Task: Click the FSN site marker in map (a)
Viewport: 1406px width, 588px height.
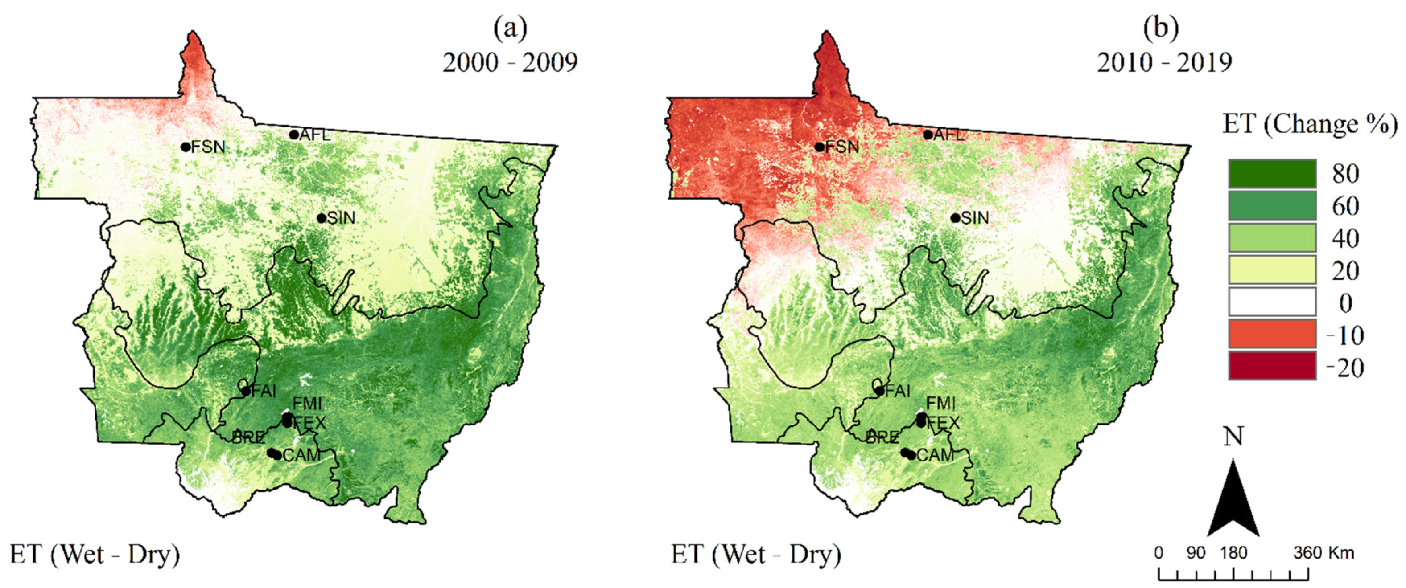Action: point(186,147)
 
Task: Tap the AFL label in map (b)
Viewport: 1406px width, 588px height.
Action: point(948,135)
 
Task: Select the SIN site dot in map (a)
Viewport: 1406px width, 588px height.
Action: point(322,218)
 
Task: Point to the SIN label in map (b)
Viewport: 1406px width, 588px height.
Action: point(975,218)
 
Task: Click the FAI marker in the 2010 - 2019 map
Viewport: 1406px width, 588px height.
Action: point(879,391)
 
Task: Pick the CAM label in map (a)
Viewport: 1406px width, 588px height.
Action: point(301,455)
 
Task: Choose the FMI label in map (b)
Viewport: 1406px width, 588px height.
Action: point(941,404)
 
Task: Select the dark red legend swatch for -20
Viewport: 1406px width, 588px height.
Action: point(1272,367)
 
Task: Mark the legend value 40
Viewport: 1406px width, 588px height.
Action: point(1345,239)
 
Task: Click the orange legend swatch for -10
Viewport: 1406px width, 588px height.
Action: point(1272,335)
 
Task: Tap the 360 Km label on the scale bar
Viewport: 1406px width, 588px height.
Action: point(1324,553)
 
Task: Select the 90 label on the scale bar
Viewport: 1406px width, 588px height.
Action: point(1196,553)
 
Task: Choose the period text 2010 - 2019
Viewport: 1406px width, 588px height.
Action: point(1165,63)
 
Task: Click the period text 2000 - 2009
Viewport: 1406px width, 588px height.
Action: point(510,63)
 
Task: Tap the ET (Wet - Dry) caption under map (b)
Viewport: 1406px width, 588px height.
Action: point(756,555)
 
